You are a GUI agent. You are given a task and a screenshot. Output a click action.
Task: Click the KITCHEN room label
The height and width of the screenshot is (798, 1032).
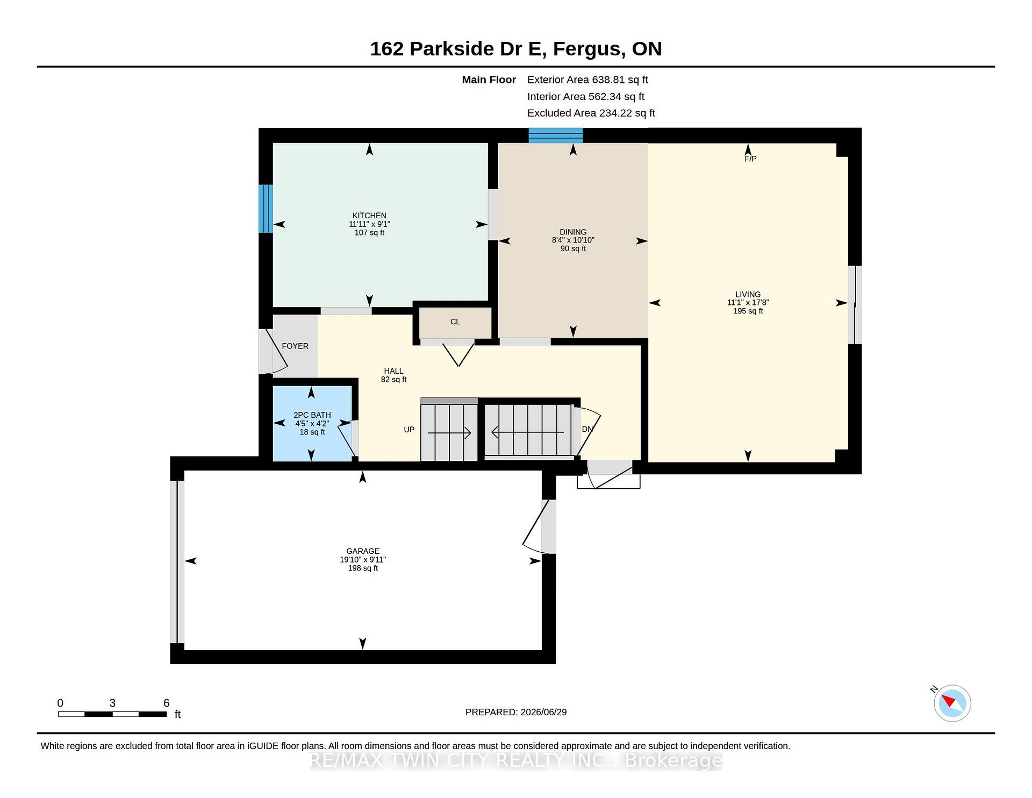[x=369, y=216]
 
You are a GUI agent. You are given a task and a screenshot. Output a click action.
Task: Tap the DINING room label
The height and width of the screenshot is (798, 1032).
[x=573, y=232]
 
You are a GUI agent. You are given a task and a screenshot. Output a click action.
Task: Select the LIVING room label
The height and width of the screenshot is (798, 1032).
[x=748, y=295]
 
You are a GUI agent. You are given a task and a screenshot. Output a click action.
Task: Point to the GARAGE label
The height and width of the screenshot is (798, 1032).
[x=363, y=551]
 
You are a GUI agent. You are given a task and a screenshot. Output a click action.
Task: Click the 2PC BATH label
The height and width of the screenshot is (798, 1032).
[x=312, y=415]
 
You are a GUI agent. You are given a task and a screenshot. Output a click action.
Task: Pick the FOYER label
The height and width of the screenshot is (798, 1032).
[x=295, y=346]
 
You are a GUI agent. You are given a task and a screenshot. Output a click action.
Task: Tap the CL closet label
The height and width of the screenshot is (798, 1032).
[x=455, y=322]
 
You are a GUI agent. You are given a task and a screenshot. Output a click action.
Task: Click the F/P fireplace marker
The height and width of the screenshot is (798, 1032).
[x=750, y=159]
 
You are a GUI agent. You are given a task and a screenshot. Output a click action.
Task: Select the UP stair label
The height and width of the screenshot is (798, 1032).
[x=409, y=430]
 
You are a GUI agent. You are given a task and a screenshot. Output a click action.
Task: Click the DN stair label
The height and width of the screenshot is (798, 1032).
[x=587, y=429]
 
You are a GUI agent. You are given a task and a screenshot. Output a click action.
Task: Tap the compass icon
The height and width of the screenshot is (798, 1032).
[x=952, y=703]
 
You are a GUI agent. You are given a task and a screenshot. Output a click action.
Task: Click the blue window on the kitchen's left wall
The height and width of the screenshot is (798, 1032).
[x=266, y=209]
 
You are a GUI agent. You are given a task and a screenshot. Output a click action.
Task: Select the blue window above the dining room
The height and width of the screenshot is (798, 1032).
[x=555, y=136]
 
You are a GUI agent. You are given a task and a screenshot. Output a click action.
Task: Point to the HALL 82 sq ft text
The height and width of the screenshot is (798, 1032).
[x=393, y=375]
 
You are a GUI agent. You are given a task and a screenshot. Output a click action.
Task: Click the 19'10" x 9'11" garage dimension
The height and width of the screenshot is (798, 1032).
[x=363, y=560]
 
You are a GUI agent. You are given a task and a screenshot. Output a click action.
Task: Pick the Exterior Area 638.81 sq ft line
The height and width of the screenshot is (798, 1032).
[x=587, y=80]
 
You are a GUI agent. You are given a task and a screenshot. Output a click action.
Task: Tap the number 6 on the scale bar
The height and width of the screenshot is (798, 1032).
[x=167, y=703]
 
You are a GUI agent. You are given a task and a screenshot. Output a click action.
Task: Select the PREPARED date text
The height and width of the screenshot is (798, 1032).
[x=516, y=712]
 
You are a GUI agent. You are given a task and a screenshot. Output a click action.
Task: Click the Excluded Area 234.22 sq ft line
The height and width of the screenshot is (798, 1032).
[x=591, y=113]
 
